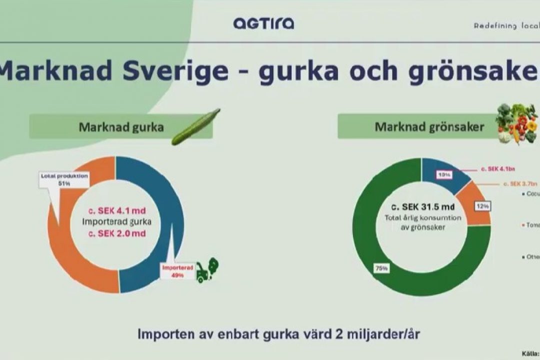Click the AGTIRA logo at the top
pos(263,23)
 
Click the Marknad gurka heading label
pos(121,127)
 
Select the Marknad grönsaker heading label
pos(428,127)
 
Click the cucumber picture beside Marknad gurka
pos(195,127)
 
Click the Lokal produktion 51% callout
pos(64,179)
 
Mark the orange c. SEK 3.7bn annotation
pos(520,184)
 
